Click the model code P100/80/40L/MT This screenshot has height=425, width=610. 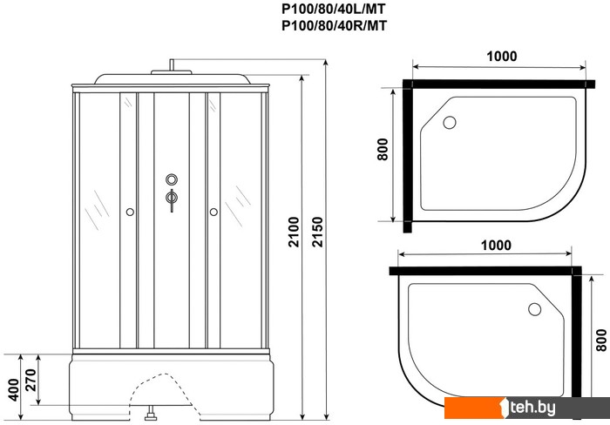point(334,8)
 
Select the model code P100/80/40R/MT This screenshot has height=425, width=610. point(334,25)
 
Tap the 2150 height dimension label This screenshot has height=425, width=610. point(317,233)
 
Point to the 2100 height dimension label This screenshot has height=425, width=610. point(294,233)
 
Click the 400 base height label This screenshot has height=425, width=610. point(14,389)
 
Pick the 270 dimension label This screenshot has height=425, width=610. point(30,380)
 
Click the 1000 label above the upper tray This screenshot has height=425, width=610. point(502,57)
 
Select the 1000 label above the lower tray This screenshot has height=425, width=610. point(496,246)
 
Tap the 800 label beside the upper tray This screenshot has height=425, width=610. point(383,149)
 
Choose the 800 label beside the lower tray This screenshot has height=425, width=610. point(601,341)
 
